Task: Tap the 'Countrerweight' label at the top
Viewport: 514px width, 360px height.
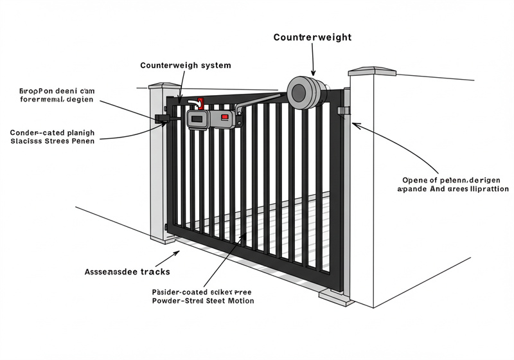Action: (312, 37)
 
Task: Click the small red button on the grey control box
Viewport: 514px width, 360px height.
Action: (224, 118)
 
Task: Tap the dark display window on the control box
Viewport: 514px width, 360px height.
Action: (197, 118)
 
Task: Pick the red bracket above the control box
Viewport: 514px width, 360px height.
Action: (200, 103)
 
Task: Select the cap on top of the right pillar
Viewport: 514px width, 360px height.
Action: (371, 69)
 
